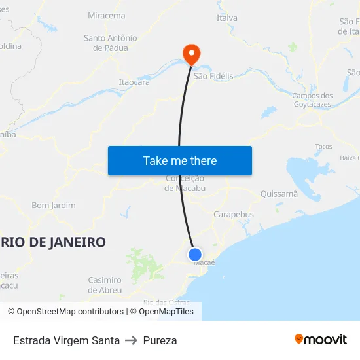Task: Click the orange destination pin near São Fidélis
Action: [191, 54]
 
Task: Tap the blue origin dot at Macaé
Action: [195, 255]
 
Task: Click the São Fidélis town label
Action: [213, 77]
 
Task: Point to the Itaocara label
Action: [134, 82]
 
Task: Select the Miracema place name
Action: [106, 16]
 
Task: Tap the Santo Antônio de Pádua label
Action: [111, 43]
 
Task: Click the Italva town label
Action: [227, 18]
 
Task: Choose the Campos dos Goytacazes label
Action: [312, 100]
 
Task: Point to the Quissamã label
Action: [279, 194]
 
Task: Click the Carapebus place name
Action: [234, 215]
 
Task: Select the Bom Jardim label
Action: [54, 206]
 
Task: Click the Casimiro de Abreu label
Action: [105, 285]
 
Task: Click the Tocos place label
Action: [323, 147]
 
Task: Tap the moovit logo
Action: [321, 340]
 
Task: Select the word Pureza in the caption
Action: [160, 340]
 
